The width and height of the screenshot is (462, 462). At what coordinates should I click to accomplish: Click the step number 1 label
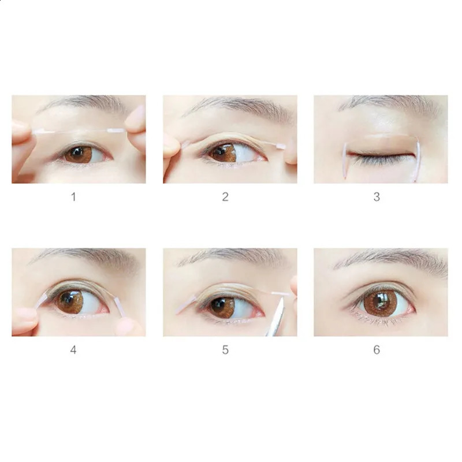(73, 197)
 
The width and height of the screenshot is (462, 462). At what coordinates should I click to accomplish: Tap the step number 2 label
(225, 197)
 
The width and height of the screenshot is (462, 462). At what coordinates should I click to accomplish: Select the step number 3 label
(377, 197)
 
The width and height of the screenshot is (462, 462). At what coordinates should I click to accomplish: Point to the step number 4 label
(73, 350)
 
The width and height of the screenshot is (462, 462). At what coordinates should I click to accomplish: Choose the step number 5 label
(225, 350)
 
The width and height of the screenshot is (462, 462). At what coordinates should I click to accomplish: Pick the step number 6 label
(377, 350)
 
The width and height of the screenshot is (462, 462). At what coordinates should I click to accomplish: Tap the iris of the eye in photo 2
(222, 152)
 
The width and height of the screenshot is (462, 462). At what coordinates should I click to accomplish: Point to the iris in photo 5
(222, 307)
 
